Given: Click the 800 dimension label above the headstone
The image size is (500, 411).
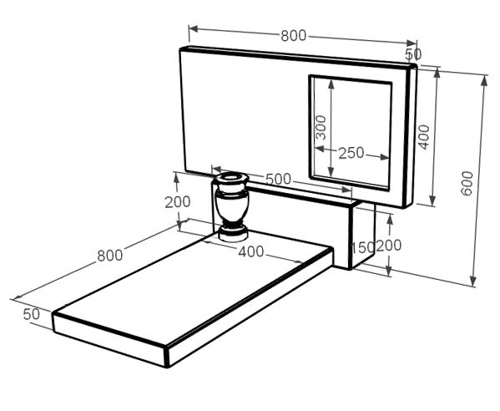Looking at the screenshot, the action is [293, 36].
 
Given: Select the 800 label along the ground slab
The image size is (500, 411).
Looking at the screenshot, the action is [109, 256].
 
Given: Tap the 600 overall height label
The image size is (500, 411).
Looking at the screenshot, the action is [467, 183].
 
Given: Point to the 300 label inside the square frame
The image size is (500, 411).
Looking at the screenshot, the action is [321, 127].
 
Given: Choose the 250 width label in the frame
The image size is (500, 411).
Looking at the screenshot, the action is [351, 153].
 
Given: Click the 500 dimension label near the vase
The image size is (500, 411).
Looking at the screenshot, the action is [278, 179].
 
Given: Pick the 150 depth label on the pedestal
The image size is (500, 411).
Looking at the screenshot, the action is [363, 247].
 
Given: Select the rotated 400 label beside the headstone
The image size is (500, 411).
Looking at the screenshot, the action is [424, 137].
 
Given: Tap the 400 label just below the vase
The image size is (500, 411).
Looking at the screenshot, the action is [251, 251].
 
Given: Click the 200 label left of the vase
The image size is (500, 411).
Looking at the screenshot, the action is [178, 202].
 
